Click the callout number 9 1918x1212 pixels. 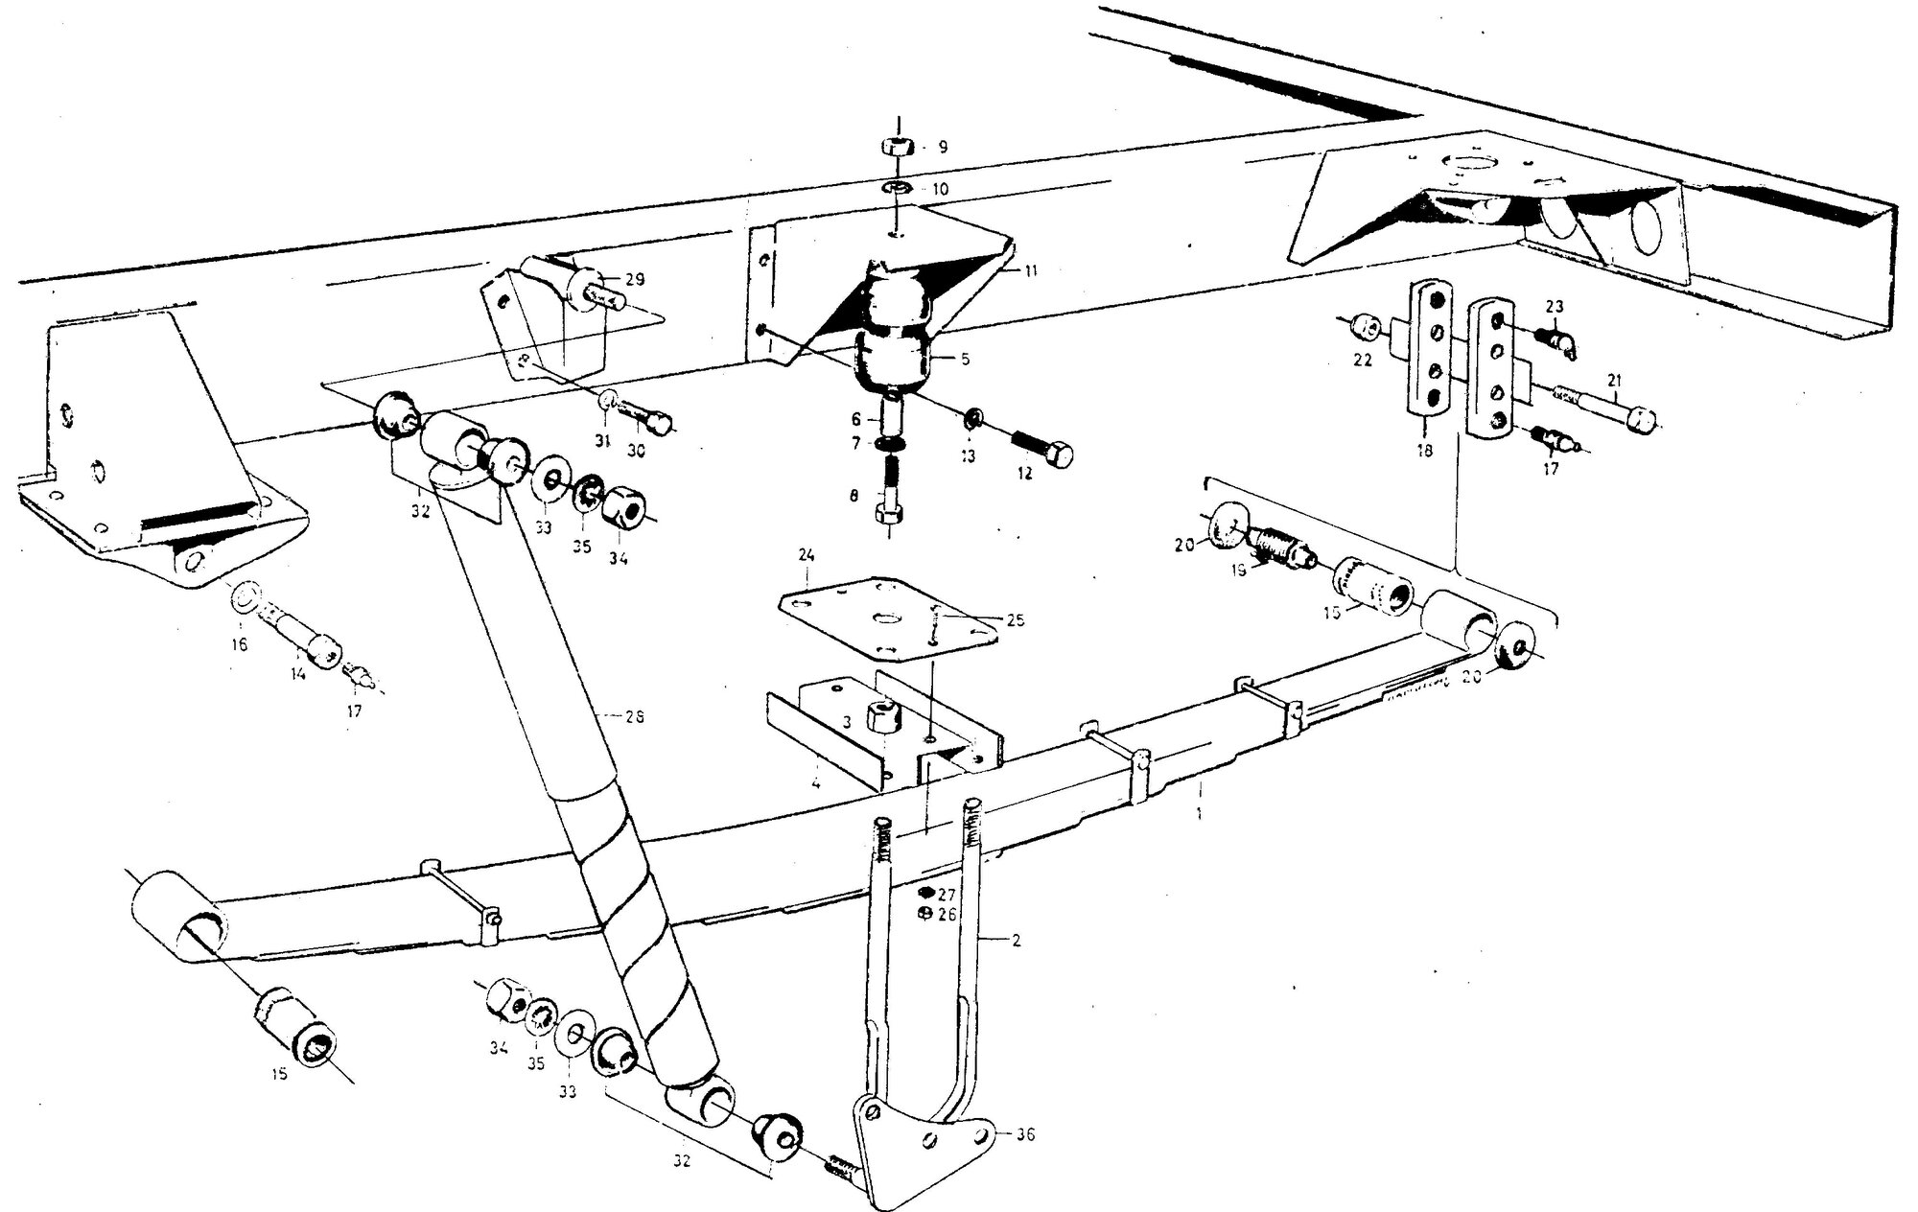(943, 148)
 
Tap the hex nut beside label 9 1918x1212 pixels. (897, 148)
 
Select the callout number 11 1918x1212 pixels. (1030, 271)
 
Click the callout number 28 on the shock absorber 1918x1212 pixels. (634, 716)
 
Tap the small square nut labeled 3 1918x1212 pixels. (879, 715)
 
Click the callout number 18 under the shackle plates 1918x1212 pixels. (1423, 450)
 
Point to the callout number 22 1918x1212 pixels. (1363, 361)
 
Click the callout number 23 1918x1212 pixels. (1555, 307)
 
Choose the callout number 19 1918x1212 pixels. (1238, 570)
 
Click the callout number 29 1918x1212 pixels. (634, 280)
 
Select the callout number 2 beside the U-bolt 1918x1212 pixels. (1016, 941)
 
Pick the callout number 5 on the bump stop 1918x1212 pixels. (965, 360)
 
